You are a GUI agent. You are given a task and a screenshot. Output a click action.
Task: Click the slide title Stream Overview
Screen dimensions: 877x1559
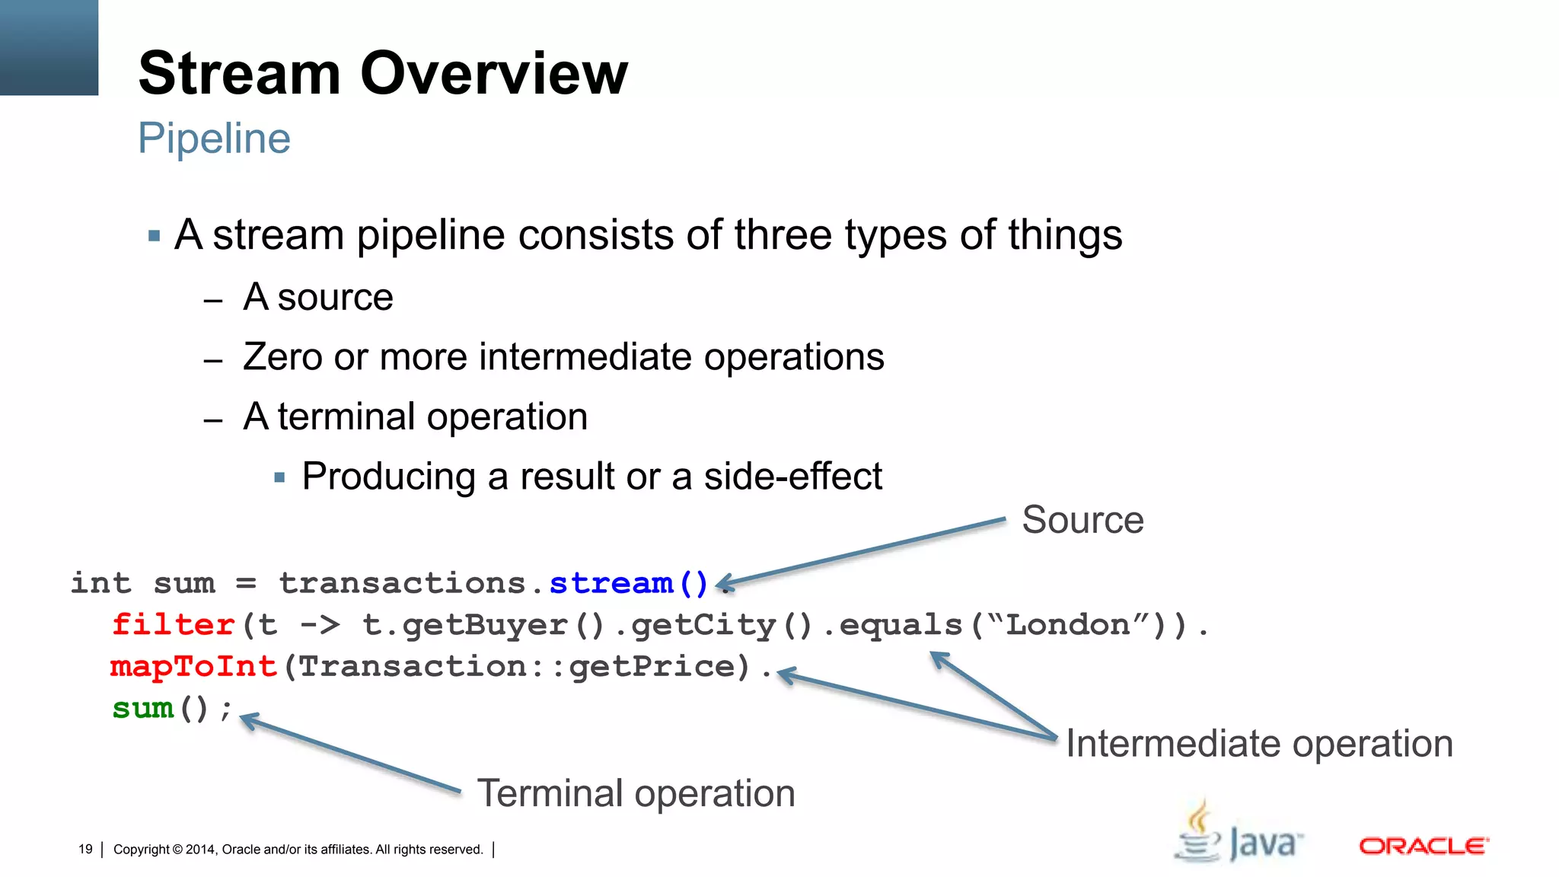(x=383, y=73)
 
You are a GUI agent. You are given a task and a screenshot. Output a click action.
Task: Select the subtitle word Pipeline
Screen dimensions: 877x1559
(x=214, y=139)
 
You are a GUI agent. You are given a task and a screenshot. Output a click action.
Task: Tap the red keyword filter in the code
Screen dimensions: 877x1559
(x=173, y=625)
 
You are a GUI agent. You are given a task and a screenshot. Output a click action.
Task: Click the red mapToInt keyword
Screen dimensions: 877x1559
(x=193, y=667)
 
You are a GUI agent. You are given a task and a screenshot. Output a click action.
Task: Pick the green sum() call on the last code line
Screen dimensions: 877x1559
(x=160, y=709)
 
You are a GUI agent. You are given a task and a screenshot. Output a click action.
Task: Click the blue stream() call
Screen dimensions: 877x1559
(x=628, y=584)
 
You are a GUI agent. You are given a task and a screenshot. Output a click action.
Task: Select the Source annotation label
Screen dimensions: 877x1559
(x=1082, y=520)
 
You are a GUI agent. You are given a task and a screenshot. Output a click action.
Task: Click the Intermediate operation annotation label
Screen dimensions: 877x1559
(x=1258, y=744)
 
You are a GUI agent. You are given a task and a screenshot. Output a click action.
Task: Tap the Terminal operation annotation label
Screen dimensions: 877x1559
(x=636, y=793)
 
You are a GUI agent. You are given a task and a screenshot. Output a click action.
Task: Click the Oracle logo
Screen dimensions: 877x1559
(x=1423, y=846)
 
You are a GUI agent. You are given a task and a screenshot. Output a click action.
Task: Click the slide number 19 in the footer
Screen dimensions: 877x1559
(x=85, y=849)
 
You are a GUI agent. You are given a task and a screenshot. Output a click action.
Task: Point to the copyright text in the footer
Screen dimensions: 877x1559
(x=298, y=850)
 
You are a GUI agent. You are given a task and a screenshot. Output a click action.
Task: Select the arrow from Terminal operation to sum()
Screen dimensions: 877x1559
(x=350, y=754)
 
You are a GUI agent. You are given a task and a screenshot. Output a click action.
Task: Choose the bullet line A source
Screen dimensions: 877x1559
(x=317, y=297)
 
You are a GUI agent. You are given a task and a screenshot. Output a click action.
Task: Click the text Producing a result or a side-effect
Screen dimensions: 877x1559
(x=591, y=477)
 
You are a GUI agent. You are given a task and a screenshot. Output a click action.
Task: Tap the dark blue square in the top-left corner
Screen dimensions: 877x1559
(x=49, y=47)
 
